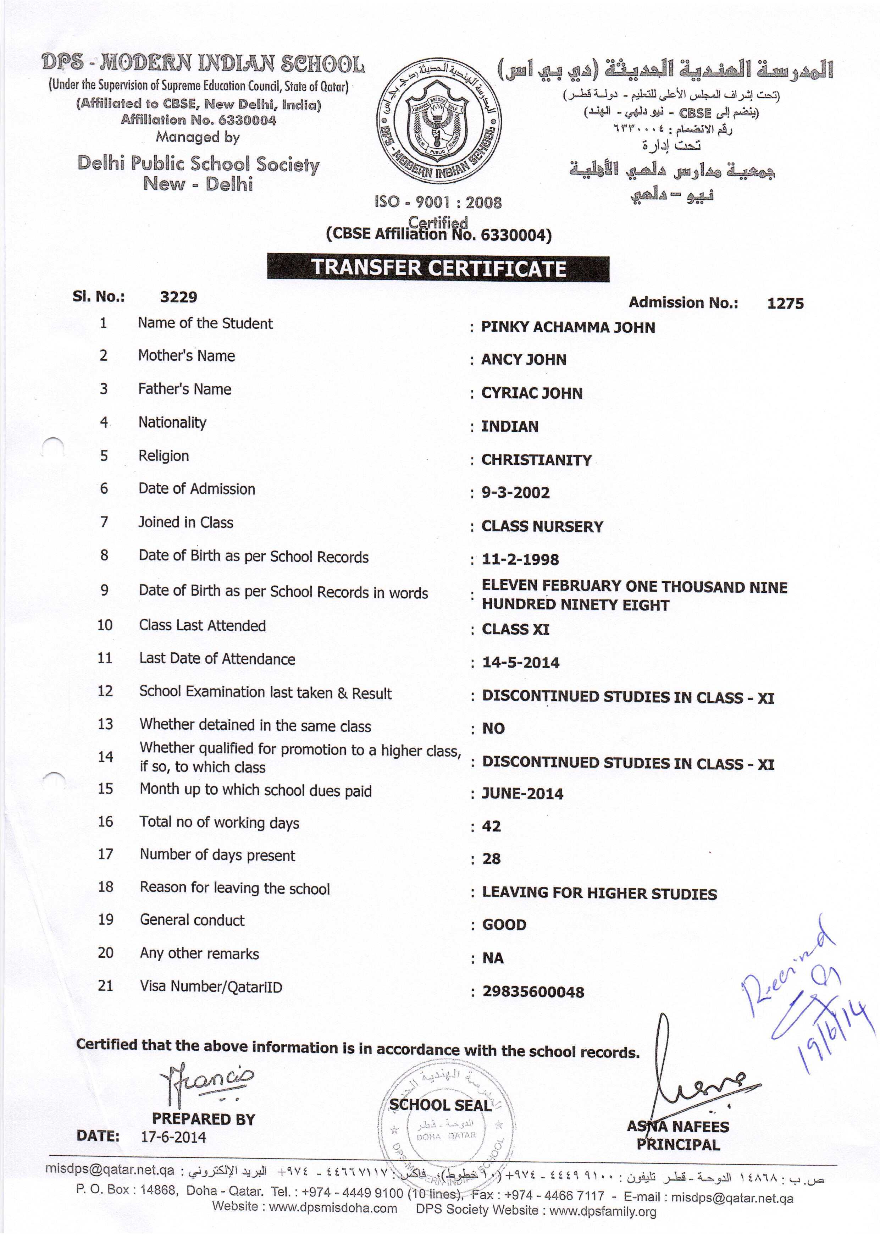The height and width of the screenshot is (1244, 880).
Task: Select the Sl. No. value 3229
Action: (x=178, y=297)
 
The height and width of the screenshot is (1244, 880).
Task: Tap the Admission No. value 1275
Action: (x=785, y=303)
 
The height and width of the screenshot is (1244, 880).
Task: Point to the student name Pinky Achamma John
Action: (x=568, y=327)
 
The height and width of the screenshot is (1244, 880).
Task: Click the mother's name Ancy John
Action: (x=524, y=360)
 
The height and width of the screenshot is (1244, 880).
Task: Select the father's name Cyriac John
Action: (x=532, y=393)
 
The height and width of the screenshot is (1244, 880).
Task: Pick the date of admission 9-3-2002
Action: (x=516, y=492)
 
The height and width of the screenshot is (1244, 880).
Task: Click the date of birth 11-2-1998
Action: (x=520, y=559)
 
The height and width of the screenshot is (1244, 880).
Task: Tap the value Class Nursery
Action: (x=542, y=526)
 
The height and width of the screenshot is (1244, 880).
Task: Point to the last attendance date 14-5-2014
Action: (x=521, y=662)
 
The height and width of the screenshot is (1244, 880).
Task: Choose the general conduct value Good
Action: (x=504, y=925)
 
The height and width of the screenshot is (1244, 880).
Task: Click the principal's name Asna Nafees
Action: (x=678, y=1127)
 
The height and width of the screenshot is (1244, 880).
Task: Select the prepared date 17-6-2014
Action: (x=173, y=1137)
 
